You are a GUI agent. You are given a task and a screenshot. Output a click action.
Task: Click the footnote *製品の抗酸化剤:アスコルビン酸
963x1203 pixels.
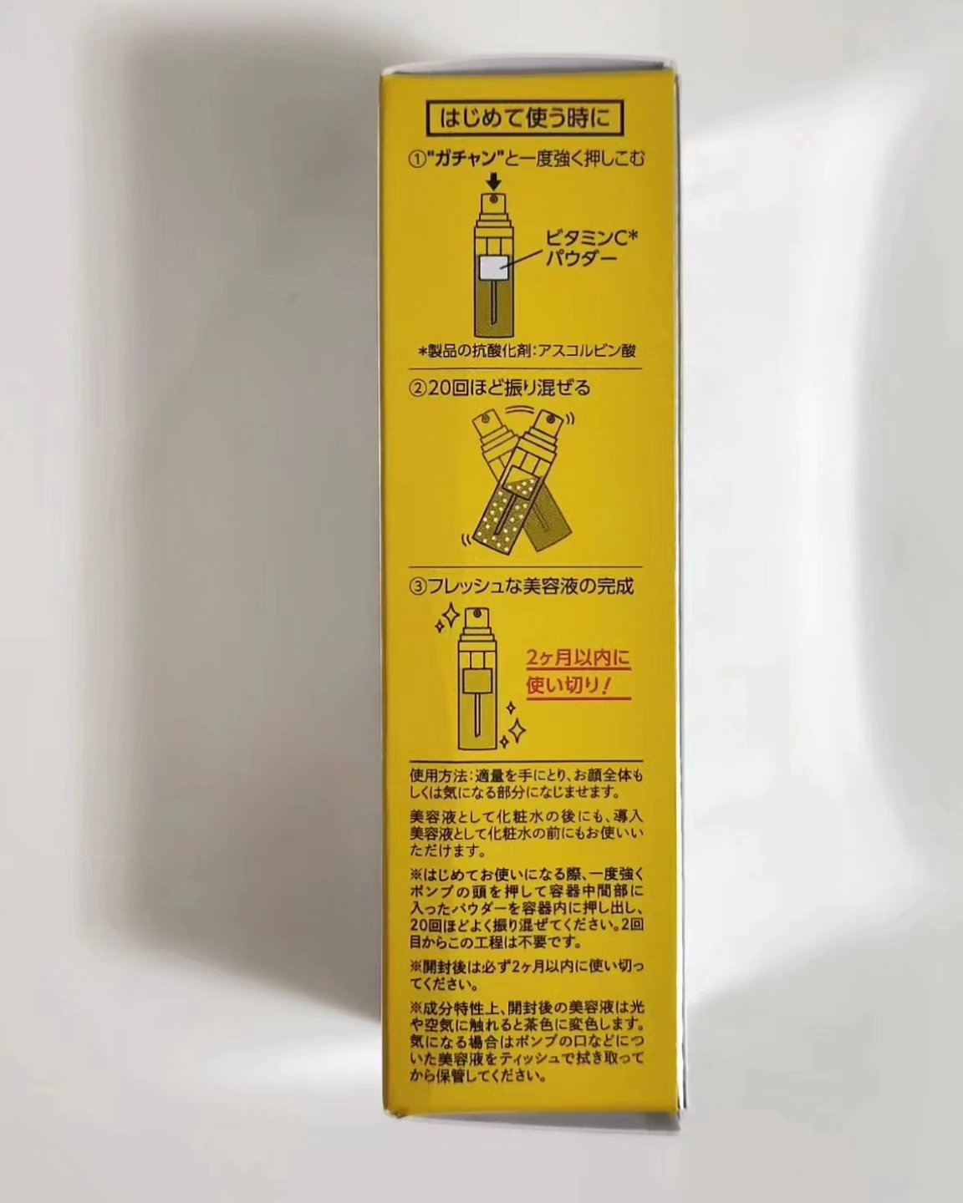point(528,351)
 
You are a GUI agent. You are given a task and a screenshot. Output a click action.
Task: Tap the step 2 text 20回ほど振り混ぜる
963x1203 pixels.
point(500,388)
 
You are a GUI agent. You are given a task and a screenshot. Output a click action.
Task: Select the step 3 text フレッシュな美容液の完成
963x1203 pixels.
point(522,587)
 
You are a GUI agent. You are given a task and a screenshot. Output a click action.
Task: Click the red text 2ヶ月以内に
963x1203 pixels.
point(578,657)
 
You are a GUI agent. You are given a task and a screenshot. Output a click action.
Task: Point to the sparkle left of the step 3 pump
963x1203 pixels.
point(448,617)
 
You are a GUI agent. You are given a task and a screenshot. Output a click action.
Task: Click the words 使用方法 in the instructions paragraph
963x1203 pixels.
point(435,776)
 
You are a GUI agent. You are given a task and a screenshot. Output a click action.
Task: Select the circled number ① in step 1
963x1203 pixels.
point(417,160)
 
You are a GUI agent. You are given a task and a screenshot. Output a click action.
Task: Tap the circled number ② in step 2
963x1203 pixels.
point(417,388)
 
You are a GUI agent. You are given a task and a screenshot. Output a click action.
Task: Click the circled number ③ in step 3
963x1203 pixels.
point(417,587)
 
